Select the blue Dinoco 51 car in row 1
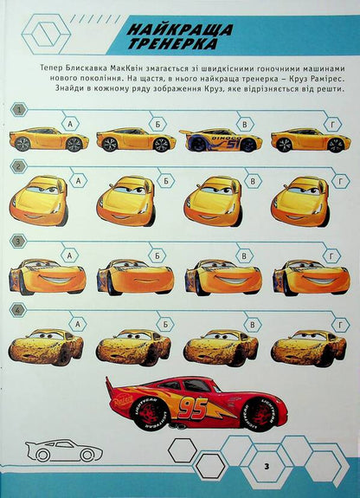click(x=211, y=139)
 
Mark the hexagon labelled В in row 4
click(x=252, y=325)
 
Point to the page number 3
click(x=268, y=468)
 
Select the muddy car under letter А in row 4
click(x=46, y=346)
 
